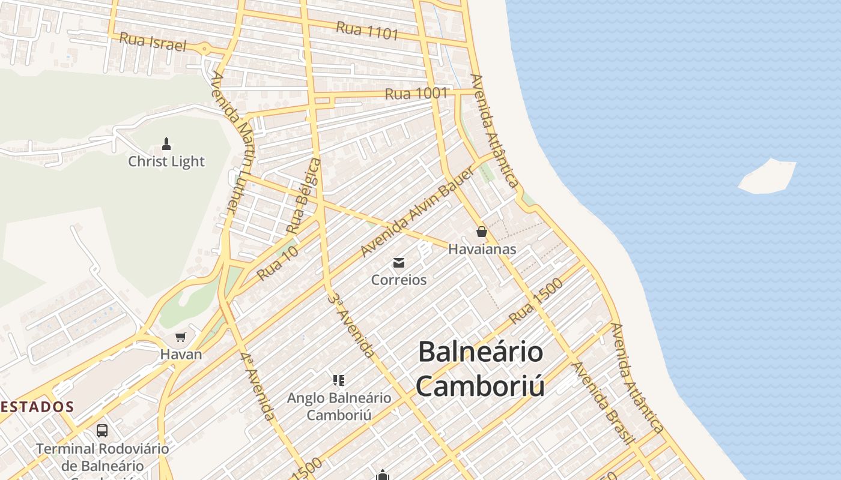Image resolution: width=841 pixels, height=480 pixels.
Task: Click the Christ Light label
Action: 166,161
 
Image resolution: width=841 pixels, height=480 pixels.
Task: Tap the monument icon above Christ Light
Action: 166,144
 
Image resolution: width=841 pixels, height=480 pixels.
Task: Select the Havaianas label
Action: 482,249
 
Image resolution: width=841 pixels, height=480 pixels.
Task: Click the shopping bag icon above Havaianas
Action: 481,232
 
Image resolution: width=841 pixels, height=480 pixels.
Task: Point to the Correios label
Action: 399,280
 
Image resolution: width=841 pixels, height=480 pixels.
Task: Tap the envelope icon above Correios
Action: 398,263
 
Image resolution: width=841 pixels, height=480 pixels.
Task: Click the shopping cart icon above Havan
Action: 180,337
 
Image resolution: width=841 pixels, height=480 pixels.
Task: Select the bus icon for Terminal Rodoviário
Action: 102,430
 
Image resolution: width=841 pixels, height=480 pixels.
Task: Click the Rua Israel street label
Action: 153,42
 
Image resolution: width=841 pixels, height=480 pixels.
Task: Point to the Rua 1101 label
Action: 367,31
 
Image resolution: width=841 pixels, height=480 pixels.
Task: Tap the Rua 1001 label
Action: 416,94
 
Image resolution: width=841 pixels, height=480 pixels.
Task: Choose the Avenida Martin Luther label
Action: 233,143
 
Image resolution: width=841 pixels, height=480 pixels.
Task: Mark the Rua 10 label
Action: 277,263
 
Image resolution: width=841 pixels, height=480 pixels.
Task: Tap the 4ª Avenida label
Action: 258,385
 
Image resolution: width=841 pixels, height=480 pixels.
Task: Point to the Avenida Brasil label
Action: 604,403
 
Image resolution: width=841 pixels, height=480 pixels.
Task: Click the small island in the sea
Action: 767,176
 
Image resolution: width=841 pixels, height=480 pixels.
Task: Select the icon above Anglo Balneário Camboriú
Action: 338,380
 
